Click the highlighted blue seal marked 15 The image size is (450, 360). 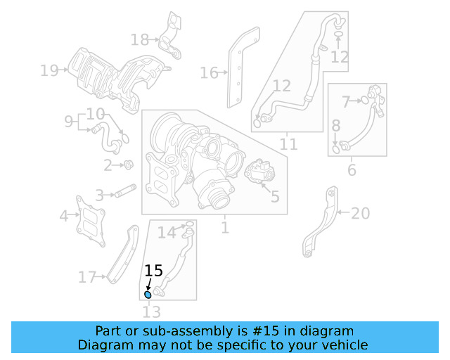pyautogui.click(x=148, y=295)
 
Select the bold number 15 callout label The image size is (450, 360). pyautogui.click(x=153, y=271)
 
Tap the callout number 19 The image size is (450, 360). pyautogui.click(x=49, y=70)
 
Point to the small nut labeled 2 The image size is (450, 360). pyautogui.click(x=129, y=165)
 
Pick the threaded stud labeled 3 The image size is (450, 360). pyautogui.click(x=125, y=191)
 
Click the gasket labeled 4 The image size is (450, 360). pyautogui.click(x=91, y=219)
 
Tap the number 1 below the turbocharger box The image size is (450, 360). pyautogui.click(x=224, y=228)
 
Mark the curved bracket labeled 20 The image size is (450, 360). pyautogui.click(x=321, y=221)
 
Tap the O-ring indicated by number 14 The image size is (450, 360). pyautogui.click(x=188, y=226)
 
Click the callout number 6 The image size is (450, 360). pyautogui.click(x=352, y=170)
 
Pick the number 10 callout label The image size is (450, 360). pyautogui.click(x=96, y=113)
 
